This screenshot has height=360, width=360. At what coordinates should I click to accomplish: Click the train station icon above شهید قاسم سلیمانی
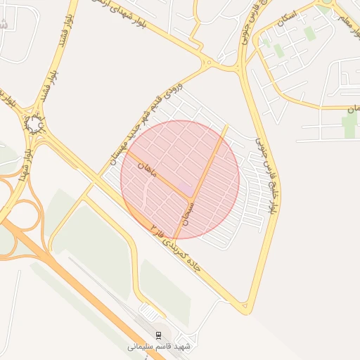point(158,334)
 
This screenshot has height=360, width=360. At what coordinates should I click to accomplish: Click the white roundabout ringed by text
point(34,124)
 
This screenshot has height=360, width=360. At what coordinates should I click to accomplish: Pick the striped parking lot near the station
point(150,309)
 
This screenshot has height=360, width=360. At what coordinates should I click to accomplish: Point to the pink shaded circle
point(180,179)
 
